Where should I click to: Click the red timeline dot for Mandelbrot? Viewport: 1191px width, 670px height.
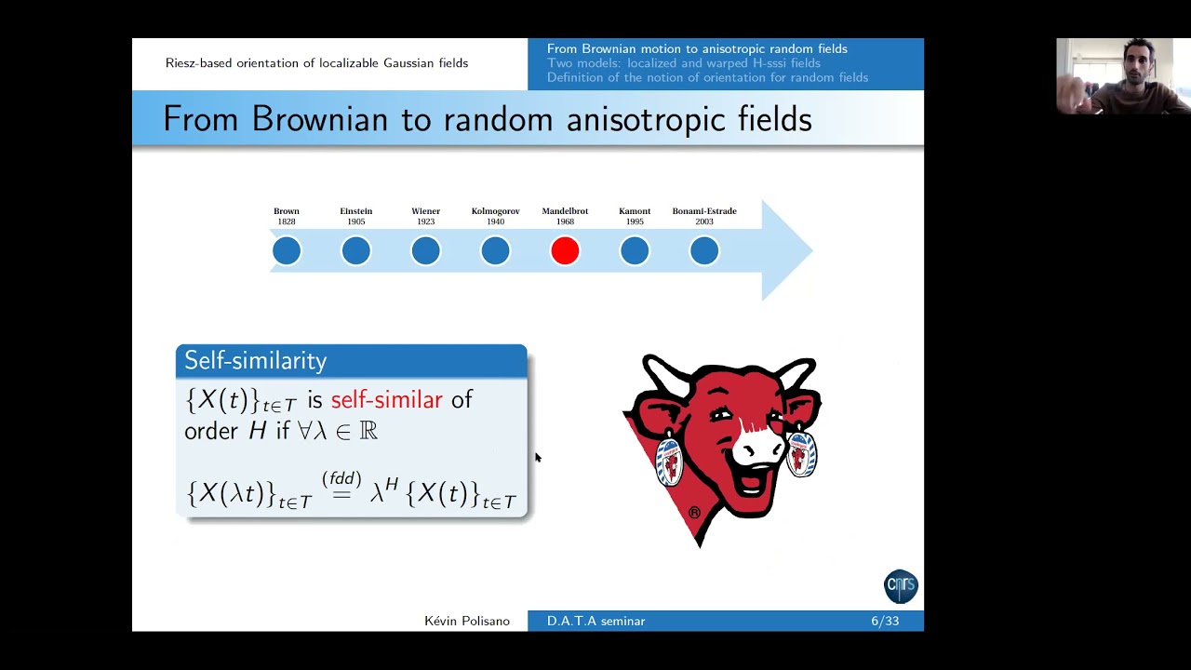[x=565, y=250]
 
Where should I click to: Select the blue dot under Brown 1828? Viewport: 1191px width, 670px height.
[x=287, y=250]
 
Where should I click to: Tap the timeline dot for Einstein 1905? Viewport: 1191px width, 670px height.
[x=355, y=250]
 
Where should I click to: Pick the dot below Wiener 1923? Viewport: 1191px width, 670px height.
[x=425, y=250]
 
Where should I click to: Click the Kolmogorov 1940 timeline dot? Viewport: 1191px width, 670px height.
[x=495, y=250]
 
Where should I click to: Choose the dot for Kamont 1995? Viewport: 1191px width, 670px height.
[x=635, y=250]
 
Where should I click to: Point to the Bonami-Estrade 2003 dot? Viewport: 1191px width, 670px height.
[x=704, y=250]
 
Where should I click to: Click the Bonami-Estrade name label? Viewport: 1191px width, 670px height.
[x=704, y=211]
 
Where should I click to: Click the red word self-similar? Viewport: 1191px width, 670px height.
[x=386, y=400]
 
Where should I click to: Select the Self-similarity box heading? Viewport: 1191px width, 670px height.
[x=256, y=361]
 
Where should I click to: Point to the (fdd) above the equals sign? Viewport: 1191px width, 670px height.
[x=341, y=479]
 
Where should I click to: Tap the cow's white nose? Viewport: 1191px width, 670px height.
[x=756, y=448]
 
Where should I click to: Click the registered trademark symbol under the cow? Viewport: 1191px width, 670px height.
[x=694, y=513]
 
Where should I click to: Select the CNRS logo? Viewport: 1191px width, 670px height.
[x=901, y=586]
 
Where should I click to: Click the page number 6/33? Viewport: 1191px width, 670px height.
[x=885, y=622]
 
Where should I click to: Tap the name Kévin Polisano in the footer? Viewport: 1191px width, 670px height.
[x=466, y=622]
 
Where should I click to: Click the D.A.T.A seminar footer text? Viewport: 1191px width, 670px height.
[x=595, y=622]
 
